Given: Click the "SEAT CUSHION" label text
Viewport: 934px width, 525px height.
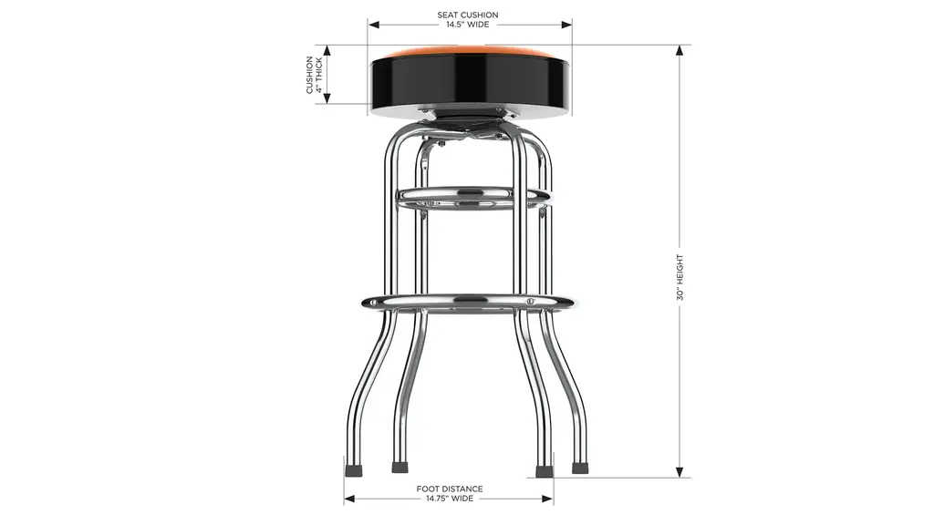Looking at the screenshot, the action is pos(468,15).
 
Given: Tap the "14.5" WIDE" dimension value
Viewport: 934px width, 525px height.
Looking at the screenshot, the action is pos(468,25).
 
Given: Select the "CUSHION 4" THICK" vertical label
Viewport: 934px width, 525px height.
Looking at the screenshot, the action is pos(314,75).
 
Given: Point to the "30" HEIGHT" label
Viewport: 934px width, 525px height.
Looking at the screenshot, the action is pos(680,277).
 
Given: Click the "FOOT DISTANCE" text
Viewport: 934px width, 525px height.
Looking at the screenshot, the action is pos(450,489).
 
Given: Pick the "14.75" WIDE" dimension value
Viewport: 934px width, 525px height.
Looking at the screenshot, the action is pos(450,499).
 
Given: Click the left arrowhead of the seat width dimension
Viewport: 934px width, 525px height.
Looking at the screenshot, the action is pos(373,25).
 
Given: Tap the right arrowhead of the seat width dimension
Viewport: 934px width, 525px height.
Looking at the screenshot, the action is pos(566,25).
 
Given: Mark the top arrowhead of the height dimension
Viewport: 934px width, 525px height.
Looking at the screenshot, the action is pos(679,51).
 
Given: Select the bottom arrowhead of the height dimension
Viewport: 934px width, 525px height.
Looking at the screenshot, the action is pos(679,471).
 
